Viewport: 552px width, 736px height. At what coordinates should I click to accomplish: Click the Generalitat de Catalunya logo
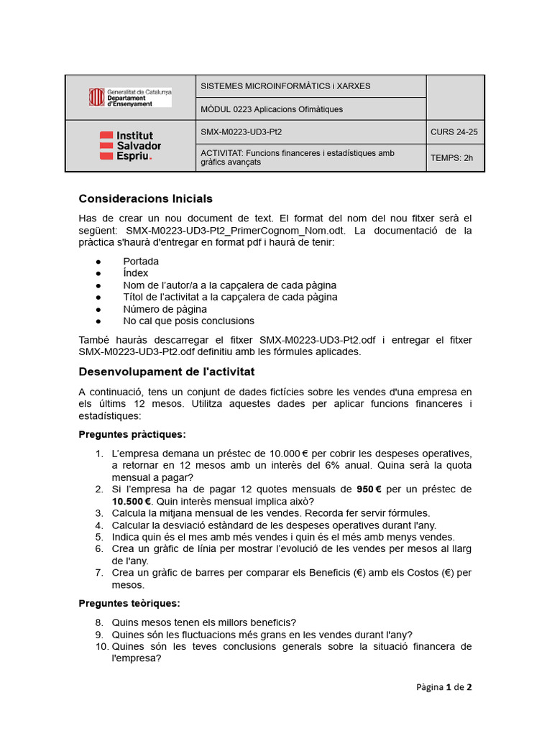(x=130, y=98)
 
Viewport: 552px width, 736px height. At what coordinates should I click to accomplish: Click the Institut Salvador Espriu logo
(x=130, y=146)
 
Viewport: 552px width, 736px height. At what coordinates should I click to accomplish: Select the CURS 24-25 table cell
(x=454, y=132)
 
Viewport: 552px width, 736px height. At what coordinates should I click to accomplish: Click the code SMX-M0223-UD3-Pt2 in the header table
(x=241, y=132)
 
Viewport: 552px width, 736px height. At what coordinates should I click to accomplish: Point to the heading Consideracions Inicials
(x=145, y=198)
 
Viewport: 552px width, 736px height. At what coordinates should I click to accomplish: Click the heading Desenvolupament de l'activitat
(x=166, y=372)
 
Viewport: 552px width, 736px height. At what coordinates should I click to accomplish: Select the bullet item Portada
(x=141, y=262)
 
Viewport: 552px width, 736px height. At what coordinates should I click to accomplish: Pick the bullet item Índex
(x=136, y=273)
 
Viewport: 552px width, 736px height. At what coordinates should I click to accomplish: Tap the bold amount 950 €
(x=373, y=489)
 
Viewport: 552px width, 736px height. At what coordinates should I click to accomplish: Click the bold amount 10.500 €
(x=132, y=501)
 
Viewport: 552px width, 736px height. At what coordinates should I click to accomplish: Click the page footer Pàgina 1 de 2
(x=443, y=687)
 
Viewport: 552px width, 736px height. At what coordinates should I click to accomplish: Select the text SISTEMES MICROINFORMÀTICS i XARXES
(x=285, y=86)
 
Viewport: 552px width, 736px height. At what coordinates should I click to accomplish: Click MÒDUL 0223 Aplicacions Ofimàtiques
(x=272, y=109)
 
